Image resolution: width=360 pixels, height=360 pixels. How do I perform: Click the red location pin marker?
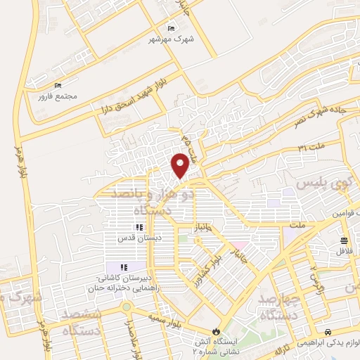(x=180, y=165)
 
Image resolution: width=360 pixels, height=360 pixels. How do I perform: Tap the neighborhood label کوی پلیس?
(x=321, y=183)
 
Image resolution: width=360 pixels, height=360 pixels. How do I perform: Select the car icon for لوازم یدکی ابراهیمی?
(x=328, y=331)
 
